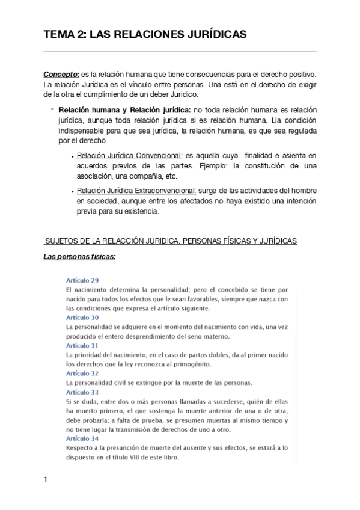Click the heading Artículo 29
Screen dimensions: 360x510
(82, 280)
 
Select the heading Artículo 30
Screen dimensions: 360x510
(82, 317)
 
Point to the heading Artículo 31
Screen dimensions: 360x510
(82, 346)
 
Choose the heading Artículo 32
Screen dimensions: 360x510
(82, 373)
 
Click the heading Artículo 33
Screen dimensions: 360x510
(82, 392)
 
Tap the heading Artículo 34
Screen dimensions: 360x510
(82, 438)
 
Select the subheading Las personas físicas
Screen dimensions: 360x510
(79, 257)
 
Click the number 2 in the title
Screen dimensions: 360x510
(80, 35)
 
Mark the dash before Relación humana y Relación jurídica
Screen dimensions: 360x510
(53, 109)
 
